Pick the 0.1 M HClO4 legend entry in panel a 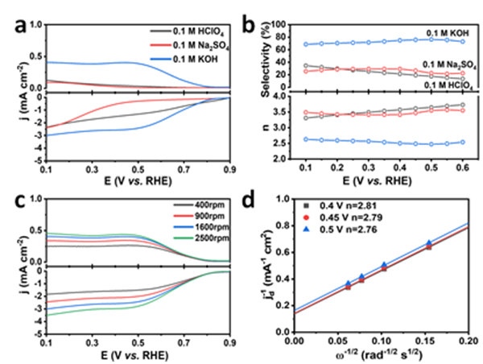click(182, 31)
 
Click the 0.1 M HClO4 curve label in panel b click(439, 85)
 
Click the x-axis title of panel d click(382, 355)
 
